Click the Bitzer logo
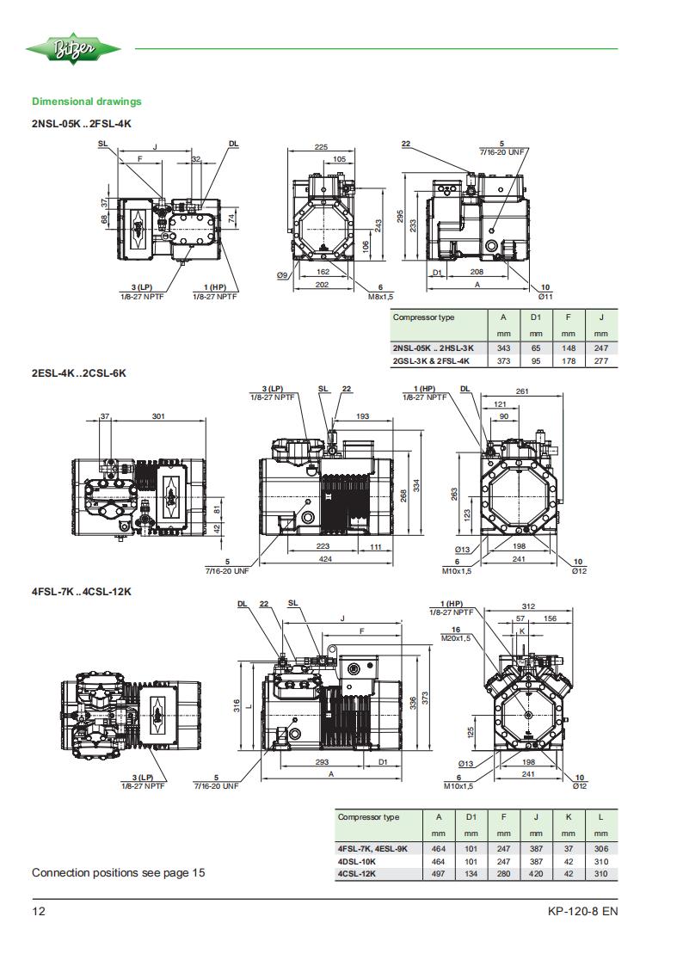73,49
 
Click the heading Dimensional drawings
87,102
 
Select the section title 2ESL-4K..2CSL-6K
79,372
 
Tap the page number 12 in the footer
39,911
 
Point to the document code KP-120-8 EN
582,911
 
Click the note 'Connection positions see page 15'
118,872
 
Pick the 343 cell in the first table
503,348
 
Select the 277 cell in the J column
601,361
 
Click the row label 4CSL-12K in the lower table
357,874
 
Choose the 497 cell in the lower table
439,874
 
